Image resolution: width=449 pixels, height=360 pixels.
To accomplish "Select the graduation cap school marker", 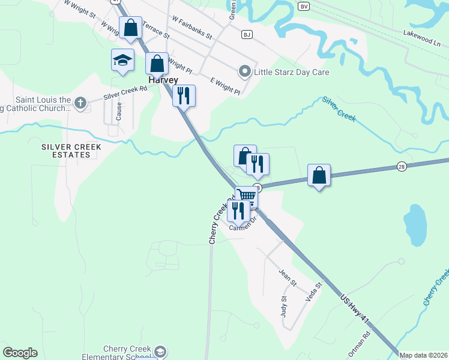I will click(x=122, y=61).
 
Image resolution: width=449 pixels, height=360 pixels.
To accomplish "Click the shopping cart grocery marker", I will click(x=246, y=196).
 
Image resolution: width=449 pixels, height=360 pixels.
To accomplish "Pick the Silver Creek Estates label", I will click(x=71, y=151).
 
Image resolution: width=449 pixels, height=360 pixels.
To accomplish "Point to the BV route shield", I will click(x=304, y=6).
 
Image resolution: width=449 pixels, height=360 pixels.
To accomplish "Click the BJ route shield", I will click(x=246, y=35).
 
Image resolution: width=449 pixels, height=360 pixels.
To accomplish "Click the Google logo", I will click(x=20, y=353).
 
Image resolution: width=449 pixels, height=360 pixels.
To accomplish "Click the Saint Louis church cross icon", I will click(x=80, y=103).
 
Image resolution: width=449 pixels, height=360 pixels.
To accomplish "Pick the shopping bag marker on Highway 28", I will click(x=319, y=176).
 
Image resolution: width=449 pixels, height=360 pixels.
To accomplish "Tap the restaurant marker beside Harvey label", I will click(x=184, y=95).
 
